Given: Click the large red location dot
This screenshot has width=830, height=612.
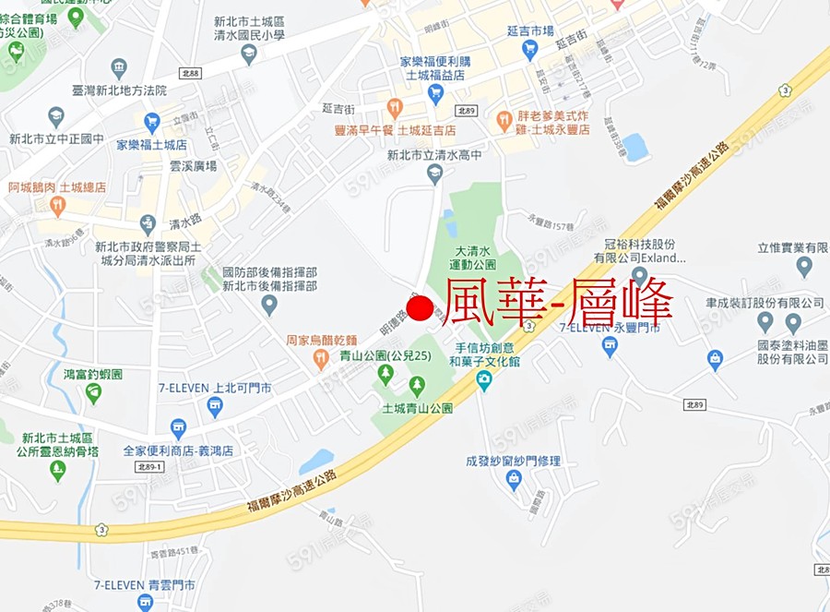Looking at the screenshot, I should (x=420, y=310).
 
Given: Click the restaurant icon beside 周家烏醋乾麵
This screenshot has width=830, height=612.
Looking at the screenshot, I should (x=321, y=360).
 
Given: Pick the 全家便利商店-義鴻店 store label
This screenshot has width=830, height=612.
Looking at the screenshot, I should (x=178, y=451).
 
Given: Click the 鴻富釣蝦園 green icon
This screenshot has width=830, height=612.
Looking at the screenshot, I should (x=93, y=393).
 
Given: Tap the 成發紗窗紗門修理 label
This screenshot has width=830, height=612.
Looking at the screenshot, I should (x=513, y=462).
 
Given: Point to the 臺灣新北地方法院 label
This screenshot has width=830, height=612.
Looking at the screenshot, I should (x=119, y=90).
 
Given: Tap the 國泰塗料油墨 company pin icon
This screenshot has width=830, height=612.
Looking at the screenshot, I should (x=793, y=323).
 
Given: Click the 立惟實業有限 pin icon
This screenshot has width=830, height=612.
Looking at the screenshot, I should (x=804, y=267).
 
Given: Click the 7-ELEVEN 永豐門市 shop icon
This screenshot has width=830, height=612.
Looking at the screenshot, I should (x=610, y=346).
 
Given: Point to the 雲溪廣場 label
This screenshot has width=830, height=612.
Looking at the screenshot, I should (x=193, y=166).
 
